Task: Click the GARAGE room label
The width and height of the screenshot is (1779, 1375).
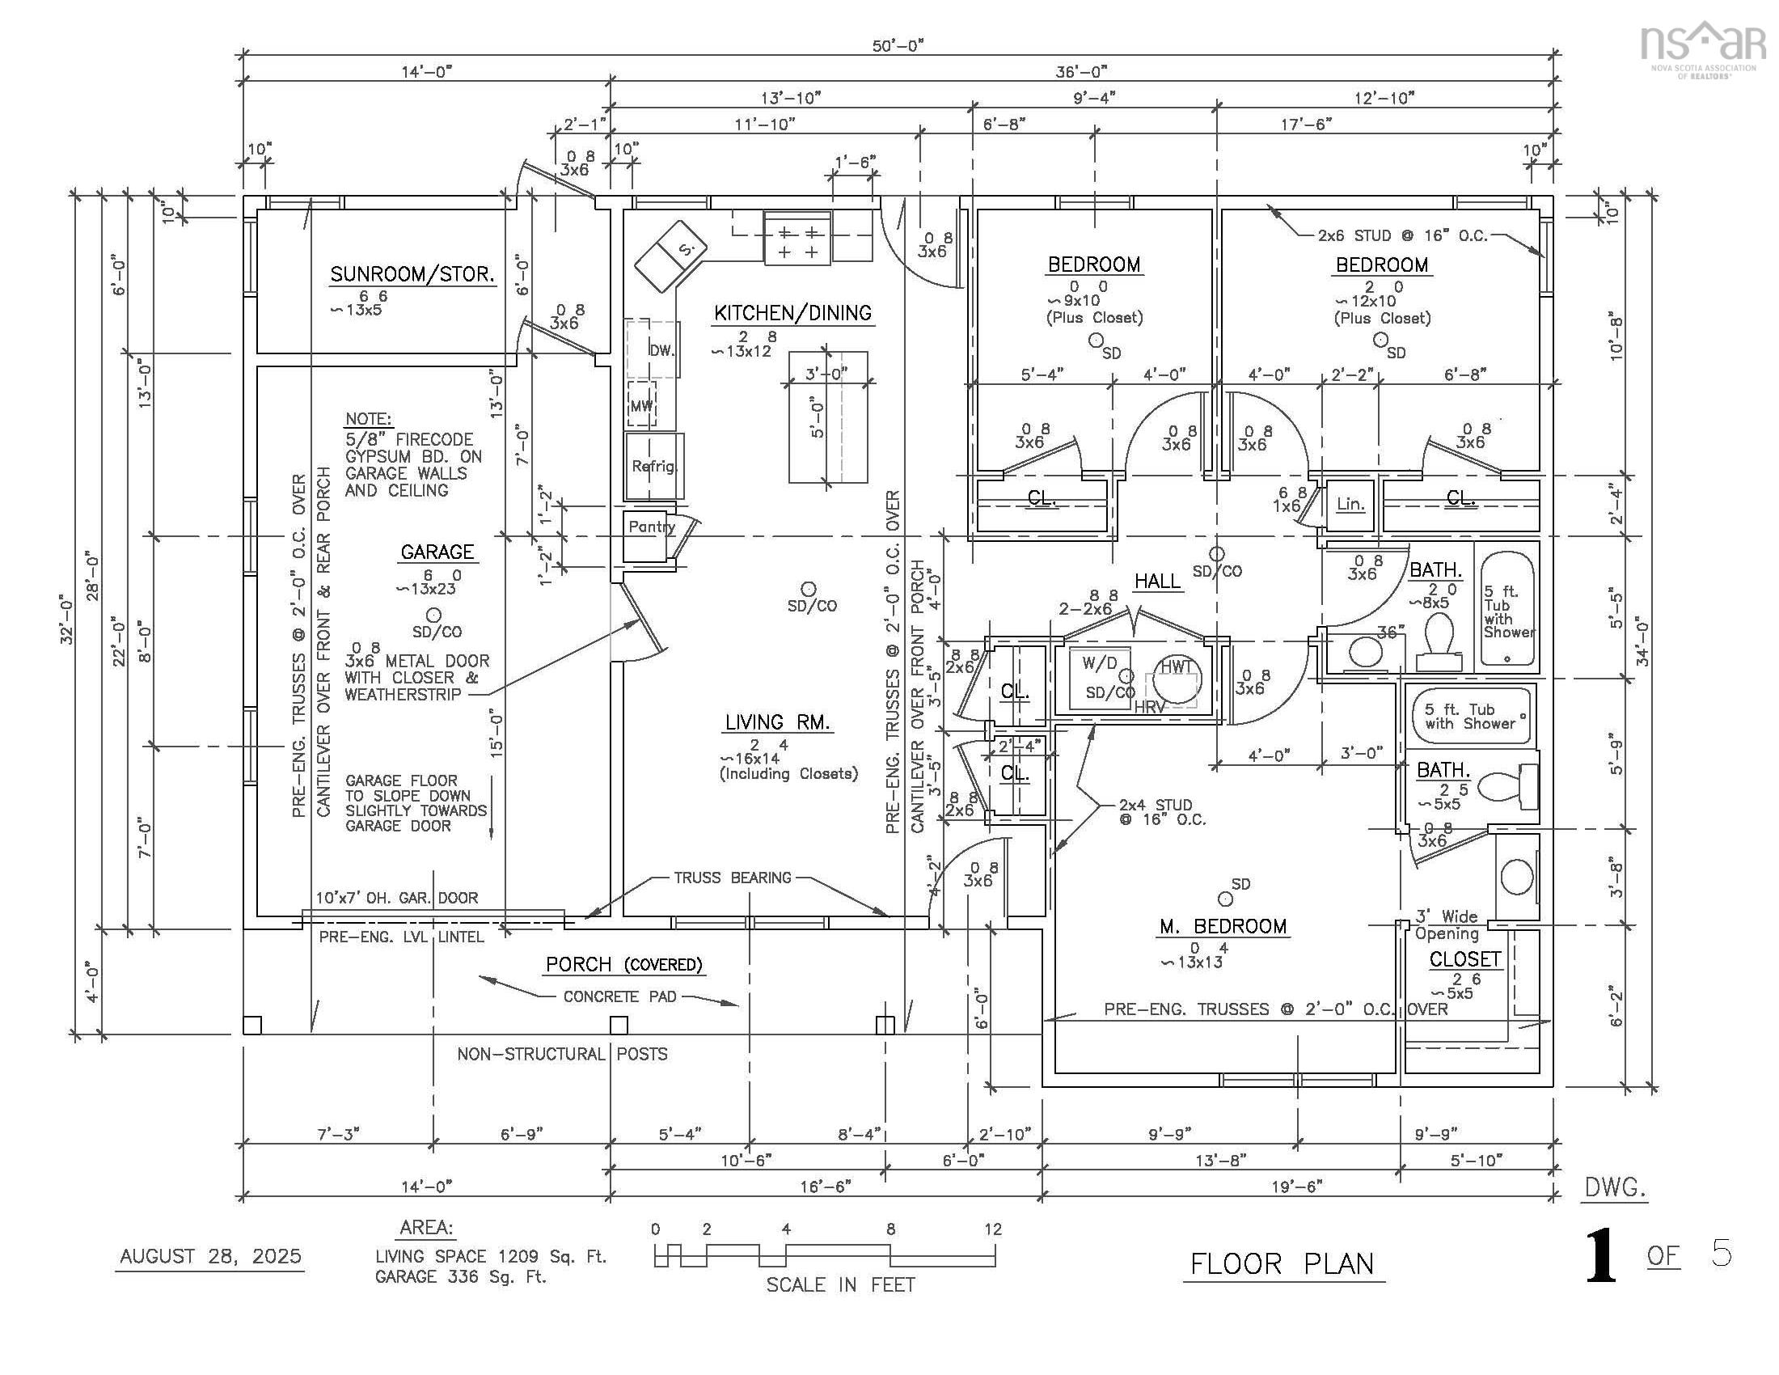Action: tap(437, 552)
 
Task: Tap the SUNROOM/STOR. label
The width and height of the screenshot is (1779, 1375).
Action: tap(412, 273)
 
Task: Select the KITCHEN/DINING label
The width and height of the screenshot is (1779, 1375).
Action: tap(792, 313)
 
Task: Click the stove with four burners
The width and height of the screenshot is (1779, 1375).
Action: tap(797, 238)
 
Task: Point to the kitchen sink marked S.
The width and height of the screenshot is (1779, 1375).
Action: tap(670, 256)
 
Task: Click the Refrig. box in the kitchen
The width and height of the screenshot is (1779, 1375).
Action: tap(654, 466)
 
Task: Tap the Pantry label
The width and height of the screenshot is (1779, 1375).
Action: tap(651, 527)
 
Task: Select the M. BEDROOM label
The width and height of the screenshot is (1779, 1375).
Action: tap(1223, 926)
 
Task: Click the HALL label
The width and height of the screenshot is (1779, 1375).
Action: tap(1156, 581)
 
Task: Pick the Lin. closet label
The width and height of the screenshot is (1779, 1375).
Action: tap(1350, 504)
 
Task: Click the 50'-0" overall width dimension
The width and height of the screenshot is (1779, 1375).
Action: tap(898, 45)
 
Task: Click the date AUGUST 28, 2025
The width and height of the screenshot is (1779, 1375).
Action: tap(210, 1256)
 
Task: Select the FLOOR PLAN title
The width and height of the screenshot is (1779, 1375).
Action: tap(1283, 1263)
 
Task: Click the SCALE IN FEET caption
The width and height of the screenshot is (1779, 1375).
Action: tap(841, 1284)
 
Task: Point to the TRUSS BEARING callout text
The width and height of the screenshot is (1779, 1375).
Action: tap(733, 878)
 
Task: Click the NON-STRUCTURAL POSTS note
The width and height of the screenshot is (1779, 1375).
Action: tap(562, 1054)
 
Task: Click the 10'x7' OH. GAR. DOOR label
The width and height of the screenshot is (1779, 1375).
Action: tap(397, 898)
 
